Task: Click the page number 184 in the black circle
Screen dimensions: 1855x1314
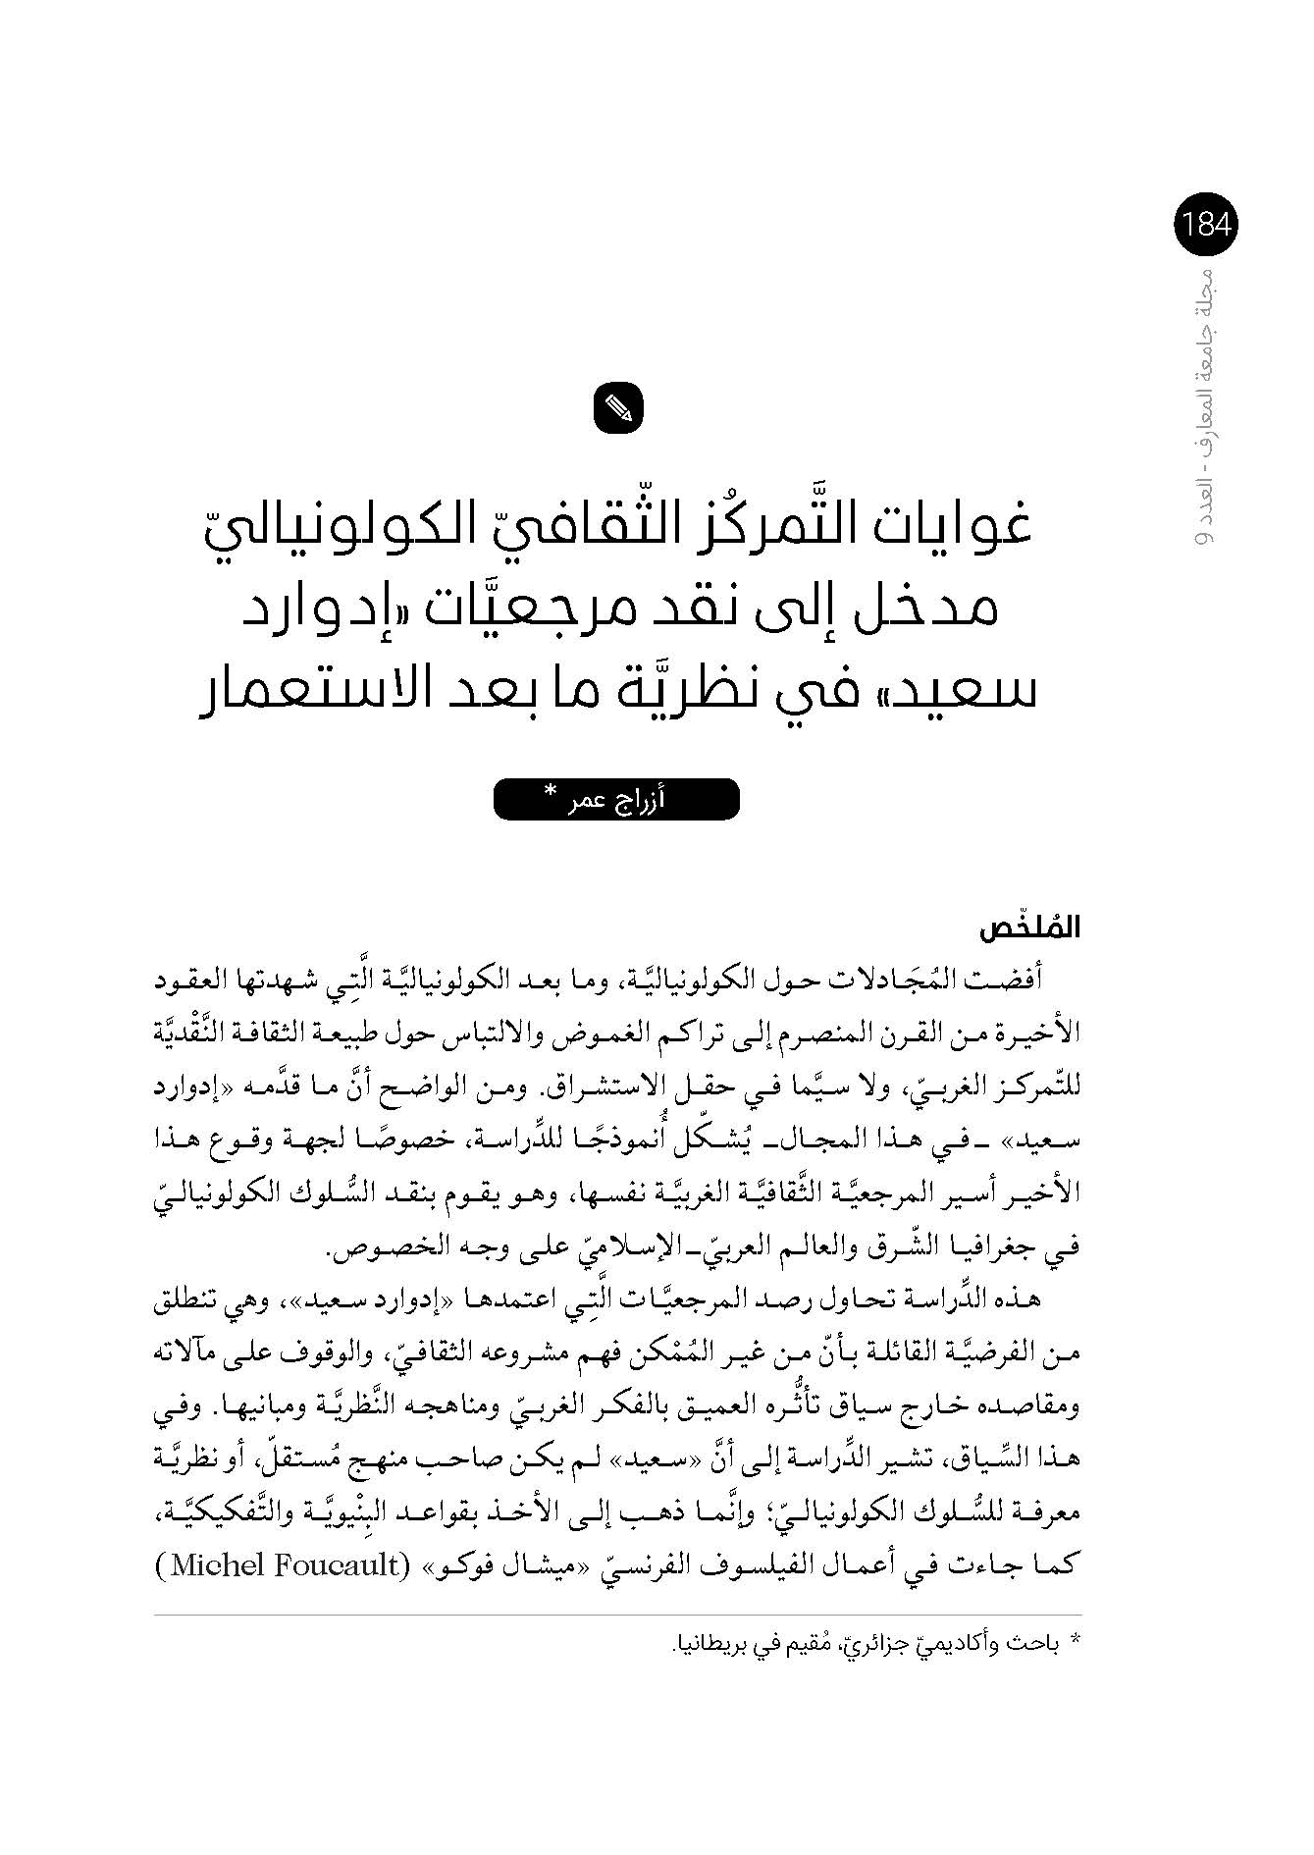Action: click(x=1206, y=226)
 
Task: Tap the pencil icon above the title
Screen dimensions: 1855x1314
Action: click(x=618, y=407)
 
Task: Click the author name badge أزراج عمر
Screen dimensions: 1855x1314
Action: click(x=616, y=800)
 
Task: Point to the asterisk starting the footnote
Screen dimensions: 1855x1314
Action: click(x=1074, y=1640)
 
